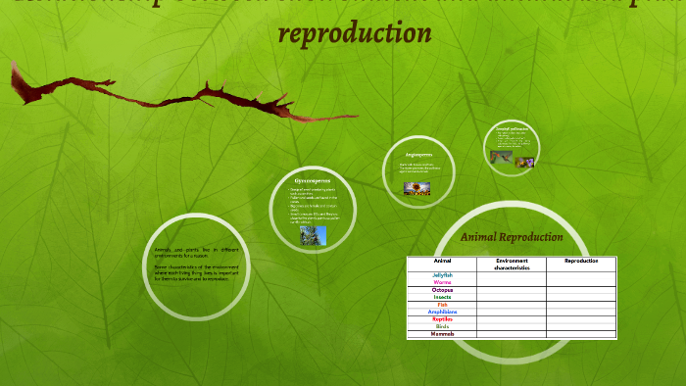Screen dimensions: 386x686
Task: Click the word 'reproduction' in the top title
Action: (355, 32)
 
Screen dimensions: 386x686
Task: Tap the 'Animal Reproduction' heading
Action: (512, 237)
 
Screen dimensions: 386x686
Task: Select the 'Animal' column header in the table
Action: (442, 261)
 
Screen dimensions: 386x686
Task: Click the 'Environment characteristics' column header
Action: (512, 264)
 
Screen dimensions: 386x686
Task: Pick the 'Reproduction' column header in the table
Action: (580, 261)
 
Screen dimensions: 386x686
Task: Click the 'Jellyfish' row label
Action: (442, 275)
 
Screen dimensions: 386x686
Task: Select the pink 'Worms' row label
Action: (442, 282)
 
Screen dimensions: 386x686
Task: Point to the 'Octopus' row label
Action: (442, 290)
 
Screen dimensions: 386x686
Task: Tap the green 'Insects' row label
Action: (442, 297)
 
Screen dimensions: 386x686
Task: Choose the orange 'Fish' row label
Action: (442, 305)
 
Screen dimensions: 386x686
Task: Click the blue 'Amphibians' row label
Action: (442, 312)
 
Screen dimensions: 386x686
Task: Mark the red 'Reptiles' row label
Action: (442, 319)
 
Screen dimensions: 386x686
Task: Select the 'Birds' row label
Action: (442, 326)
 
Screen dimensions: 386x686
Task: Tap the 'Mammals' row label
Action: (442, 334)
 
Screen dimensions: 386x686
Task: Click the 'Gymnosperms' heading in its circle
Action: (313, 181)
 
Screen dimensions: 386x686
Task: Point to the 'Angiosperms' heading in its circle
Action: (418, 155)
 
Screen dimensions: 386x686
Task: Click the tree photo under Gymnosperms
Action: (313, 235)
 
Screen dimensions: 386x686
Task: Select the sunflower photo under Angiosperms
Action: (417, 187)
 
